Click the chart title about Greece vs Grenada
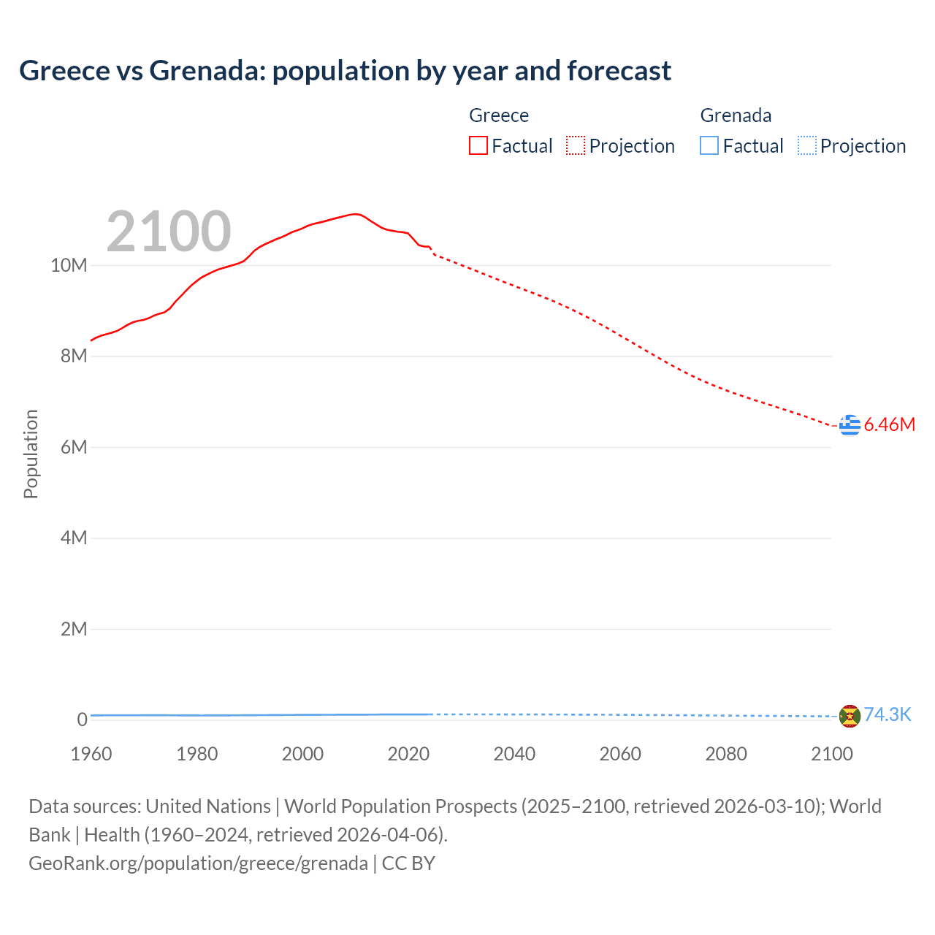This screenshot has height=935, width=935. tap(345, 71)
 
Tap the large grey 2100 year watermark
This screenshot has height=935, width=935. tap(169, 232)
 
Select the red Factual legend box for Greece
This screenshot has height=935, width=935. tap(478, 145)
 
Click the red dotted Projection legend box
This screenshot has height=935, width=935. tap(576, 145)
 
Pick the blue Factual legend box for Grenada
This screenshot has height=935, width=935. tap(709, 145)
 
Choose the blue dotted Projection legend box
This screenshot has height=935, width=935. tap(806, 145)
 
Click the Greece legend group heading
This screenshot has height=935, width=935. tap(499, 115)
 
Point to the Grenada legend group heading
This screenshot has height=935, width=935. tap(736, 115)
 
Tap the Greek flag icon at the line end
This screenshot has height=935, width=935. tap(850, 424)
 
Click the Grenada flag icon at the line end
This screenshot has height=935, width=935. tap(850, 716)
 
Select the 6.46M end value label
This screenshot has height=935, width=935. tap(889, 424)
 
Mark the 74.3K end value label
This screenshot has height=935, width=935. tap(888, 714)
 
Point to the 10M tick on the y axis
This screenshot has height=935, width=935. tap(69, 265)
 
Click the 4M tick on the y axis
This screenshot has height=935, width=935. tap(73, 538)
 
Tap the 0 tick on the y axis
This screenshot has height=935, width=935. tap(82, 720)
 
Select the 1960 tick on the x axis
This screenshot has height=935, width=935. tap(91, 754)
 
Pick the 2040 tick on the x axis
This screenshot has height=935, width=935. tap(514, 754)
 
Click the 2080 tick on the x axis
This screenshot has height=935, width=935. tap(726, 754)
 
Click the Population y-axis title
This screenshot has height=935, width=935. tap(31, 454)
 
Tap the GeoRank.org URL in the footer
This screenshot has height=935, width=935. tap(198, 863)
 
